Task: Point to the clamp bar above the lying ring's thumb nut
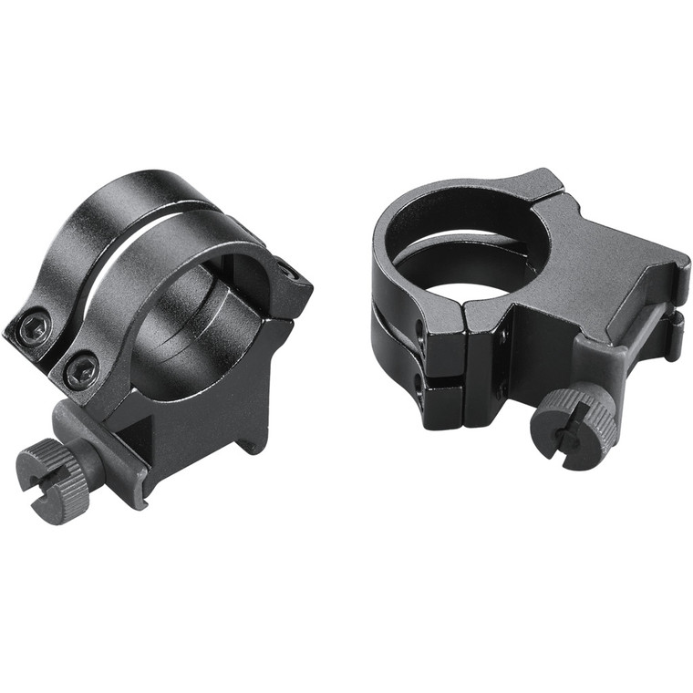click(629, 346)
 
